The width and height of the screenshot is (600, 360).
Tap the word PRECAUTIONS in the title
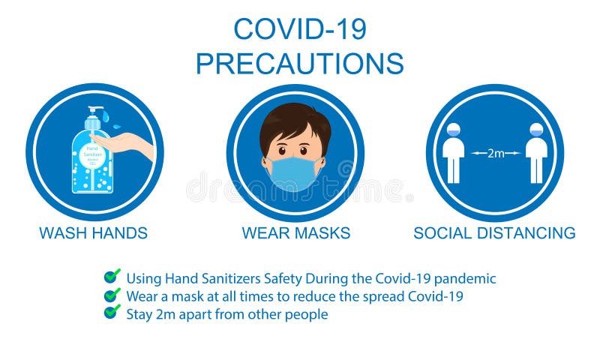pos(299,64)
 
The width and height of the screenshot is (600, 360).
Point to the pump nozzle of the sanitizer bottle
pos(94,111)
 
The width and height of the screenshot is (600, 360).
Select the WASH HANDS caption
pos(93,233)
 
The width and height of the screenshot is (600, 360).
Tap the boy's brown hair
pos(295,120)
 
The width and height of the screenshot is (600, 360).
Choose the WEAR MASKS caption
pos(295,233)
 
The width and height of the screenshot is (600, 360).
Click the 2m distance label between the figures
pos(496,153)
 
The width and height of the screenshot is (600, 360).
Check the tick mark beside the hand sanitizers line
pos(112,277)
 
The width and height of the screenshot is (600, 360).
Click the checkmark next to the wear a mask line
pos(112,295)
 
